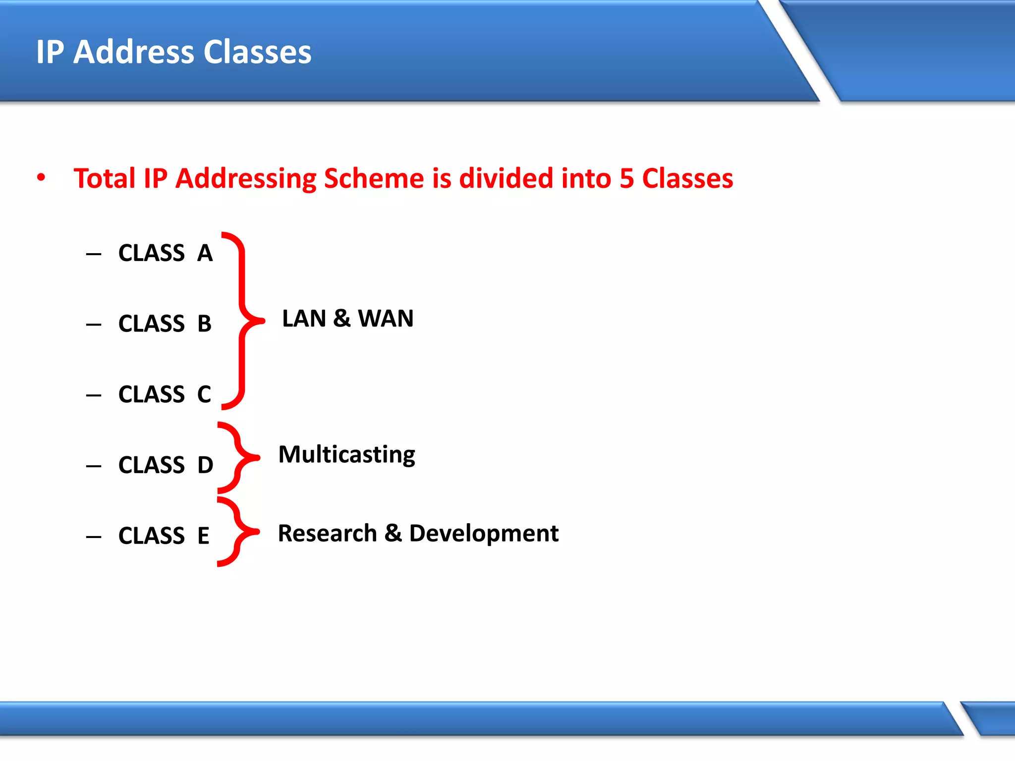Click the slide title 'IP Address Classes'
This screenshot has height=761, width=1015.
[173, 52]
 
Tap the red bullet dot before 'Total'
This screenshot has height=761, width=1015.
[41, 177]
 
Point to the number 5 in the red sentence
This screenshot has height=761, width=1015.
[626, 178]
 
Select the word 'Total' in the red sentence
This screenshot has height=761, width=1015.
[104, 178]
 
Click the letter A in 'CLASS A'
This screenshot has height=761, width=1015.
[205, 253]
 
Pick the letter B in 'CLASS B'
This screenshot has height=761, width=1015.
[204, 324]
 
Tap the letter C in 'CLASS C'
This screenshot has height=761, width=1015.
[204, 395]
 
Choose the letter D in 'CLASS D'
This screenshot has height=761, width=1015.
[205, 465]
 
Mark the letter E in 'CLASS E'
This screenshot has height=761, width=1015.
[203, 536]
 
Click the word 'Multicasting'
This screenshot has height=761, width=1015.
[346, 454]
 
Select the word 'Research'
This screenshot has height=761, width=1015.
[327, 534]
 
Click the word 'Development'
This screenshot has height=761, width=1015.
[484, 534]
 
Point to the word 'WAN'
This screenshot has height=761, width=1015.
[386, 319]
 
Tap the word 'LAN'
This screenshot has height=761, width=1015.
[304, 319]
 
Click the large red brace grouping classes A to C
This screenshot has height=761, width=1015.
[242, 321]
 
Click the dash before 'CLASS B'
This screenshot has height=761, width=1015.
[93, 325]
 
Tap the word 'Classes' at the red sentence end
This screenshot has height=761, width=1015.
[687, 178]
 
